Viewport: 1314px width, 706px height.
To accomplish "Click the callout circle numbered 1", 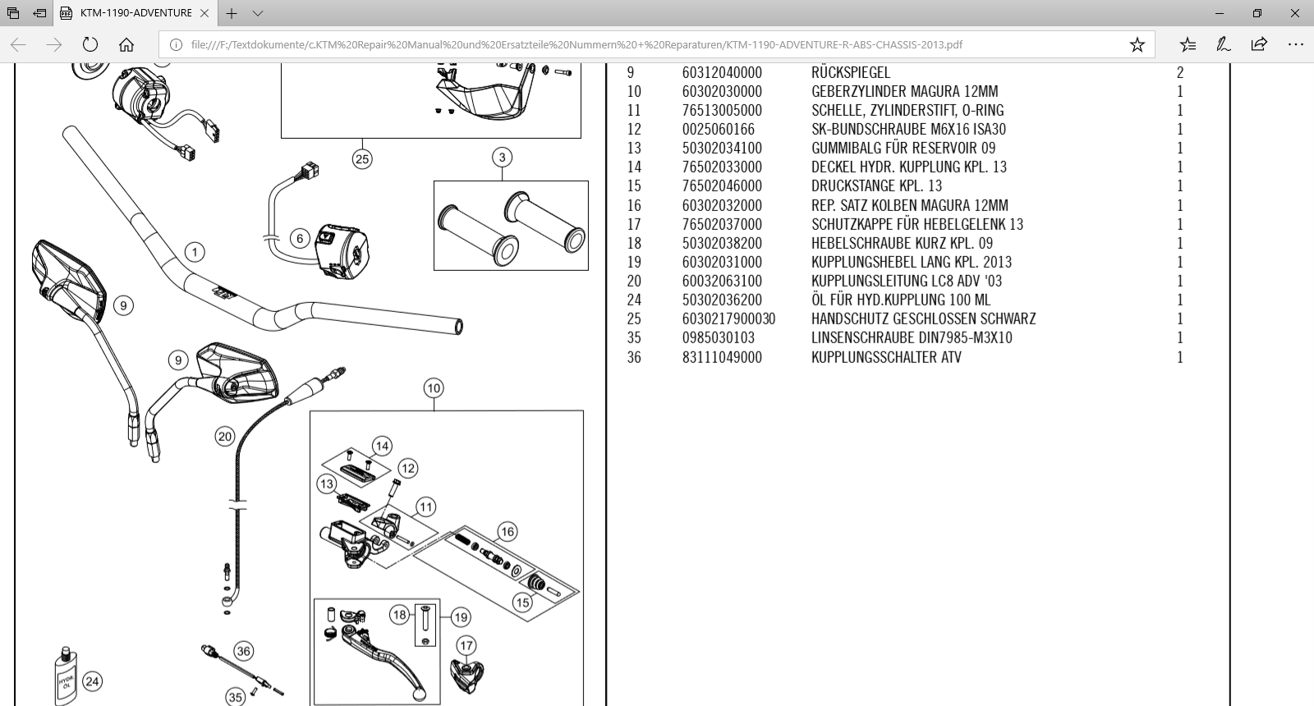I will pos(195,252).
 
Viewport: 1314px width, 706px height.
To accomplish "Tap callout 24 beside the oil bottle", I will pos(93,681).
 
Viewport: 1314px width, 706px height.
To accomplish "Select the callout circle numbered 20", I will pos(225,437).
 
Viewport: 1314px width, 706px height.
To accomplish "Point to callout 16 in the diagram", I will pos(508,532).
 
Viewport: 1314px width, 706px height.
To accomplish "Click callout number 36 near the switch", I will pos(243,652).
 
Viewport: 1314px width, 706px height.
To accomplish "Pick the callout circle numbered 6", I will pos(300,239).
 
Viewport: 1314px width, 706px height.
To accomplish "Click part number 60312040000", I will pos(721,73).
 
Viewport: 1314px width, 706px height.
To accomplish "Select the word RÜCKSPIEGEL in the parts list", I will pos(850,73).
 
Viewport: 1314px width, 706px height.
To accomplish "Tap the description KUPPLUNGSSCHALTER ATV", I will pos(885,357).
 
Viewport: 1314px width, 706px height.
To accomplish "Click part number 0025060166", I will pos(718,130).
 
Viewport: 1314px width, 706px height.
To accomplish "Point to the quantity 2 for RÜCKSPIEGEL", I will pos(1180,73).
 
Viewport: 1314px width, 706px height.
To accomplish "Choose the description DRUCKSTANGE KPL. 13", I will pos(876,186).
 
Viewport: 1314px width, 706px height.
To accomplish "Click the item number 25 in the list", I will pos(634,319).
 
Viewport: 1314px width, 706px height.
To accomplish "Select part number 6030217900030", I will pos(728,319).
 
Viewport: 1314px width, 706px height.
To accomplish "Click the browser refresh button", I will pos(90,44).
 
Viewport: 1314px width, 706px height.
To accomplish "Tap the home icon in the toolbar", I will pos(126,44).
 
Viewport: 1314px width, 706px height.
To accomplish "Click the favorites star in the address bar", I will pos(1137,44).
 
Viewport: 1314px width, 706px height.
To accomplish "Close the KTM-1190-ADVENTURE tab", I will pos(204,13).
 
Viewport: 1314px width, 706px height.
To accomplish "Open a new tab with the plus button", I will pos(232,13).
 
